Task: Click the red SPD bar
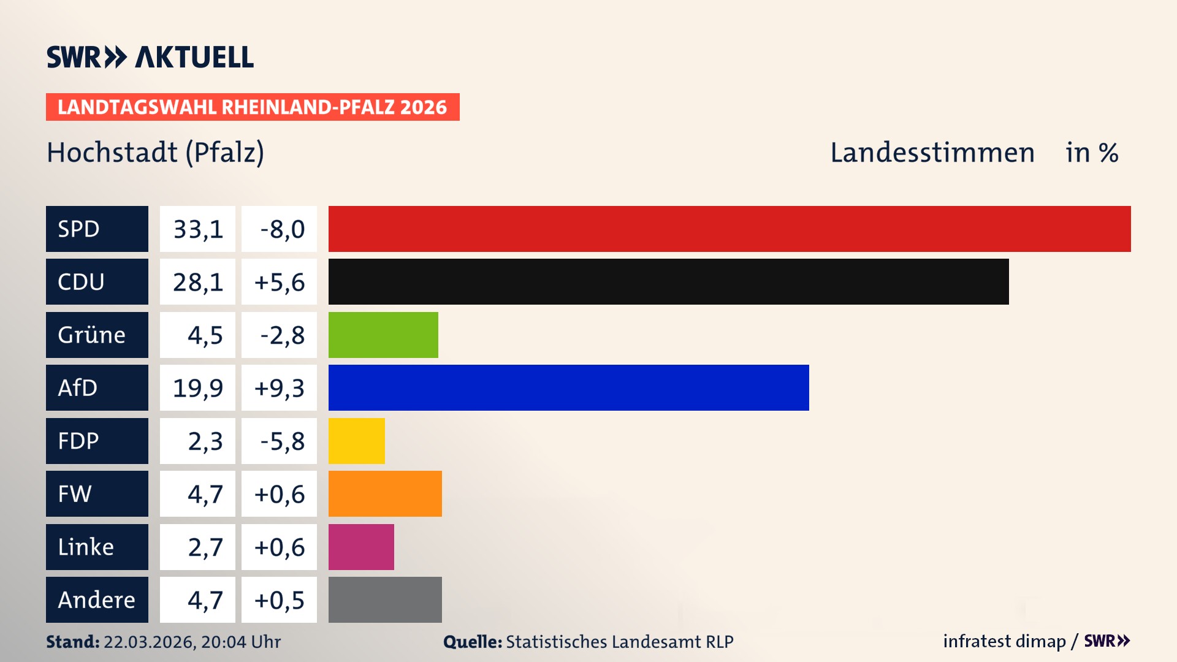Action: (x=729, y=229)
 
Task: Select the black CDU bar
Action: (x=668, y=281)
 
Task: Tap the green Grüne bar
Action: (x=383, y=335)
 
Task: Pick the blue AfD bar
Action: (x=568, y=387)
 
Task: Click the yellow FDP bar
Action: (x=356, y=441)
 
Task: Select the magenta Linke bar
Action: (x=361, y=547)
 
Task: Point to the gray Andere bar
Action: (x=385, y=599)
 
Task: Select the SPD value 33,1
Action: (x=197, y=229)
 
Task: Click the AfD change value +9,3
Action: (x=279, y=388)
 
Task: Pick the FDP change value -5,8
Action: (x=281, y=441)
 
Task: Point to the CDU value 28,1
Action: (x=197, y=282)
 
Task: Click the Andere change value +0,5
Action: (x=279, y=600)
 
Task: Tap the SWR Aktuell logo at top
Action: (x=150, y=57)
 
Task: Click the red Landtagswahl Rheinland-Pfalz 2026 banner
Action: (x=253, y=107)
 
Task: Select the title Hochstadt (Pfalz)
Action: (x=155, y=153)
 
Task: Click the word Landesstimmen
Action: (x=932, y=153)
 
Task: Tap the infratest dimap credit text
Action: (x=1004, y=641)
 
